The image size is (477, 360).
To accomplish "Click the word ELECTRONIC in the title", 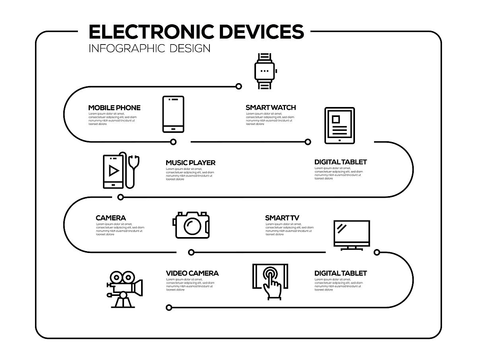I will [151, 32].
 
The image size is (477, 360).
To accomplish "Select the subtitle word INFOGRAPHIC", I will [127, 49].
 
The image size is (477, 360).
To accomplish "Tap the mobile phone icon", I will [173, 114].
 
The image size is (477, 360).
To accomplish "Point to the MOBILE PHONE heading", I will [114, 108].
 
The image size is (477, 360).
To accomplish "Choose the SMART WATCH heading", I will [271, 107].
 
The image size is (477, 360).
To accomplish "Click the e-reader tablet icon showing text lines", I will [339, 125].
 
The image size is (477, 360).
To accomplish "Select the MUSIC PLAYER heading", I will [190, 163].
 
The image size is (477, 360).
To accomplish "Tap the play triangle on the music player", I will [114, 171].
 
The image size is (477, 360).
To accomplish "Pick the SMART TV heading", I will [282, 218].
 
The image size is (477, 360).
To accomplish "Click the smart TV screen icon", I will [352, 233].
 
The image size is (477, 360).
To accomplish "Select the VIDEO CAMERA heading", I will [192, 273].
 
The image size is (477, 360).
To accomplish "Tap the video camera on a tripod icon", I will [124, 289].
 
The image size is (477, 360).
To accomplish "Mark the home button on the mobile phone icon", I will [173, 128].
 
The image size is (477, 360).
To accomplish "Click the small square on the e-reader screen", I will [336, 119].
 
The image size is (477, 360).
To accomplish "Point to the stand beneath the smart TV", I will [352, 248].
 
